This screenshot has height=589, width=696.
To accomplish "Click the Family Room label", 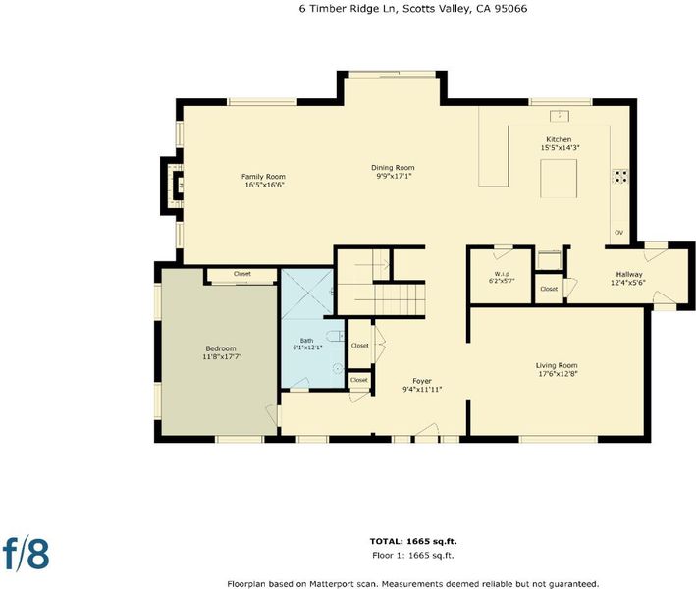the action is pyautogui.click(x=263, y=177).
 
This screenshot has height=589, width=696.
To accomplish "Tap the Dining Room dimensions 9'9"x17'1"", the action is pyautogui.click(x=393, y=176).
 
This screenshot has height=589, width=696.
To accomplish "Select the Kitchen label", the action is pyautogui.click(x=559, y=139).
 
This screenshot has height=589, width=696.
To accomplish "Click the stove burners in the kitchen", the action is pyautogui.click(x=620, y=176).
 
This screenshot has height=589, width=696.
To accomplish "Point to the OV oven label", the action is pyautogui.click(x=618, y=232).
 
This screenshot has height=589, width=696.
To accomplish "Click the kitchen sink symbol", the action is pyautogui.click(x=560, y=116).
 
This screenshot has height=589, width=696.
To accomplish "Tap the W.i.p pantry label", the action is pyautogui.click(x=502, y=274).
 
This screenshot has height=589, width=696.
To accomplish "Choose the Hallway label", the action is pyautogui.click(x=629, y=274).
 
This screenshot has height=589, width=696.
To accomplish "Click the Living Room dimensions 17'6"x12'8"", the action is pyautogui.click(x=558, y=374).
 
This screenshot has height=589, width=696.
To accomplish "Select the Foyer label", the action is pyautogui.click(x=422, y=381).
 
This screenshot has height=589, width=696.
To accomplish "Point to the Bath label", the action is pyautogui.click(x=306, y=341).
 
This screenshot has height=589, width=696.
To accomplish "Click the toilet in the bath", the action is pyautogui.click(x=335, y=335).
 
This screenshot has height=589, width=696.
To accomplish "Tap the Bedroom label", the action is pyautogui.click(x=221, y=348).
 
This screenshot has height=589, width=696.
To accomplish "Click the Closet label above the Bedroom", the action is pyautogui.click(x=242, y=274).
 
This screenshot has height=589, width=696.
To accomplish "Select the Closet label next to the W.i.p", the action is pyautogui.click(x=549, y=289).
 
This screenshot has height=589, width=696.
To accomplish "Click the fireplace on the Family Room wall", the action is pyautogui.click(x=173, y=186).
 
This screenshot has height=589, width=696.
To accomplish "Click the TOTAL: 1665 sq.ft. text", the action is pyautogui.click(x=413, y=541).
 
